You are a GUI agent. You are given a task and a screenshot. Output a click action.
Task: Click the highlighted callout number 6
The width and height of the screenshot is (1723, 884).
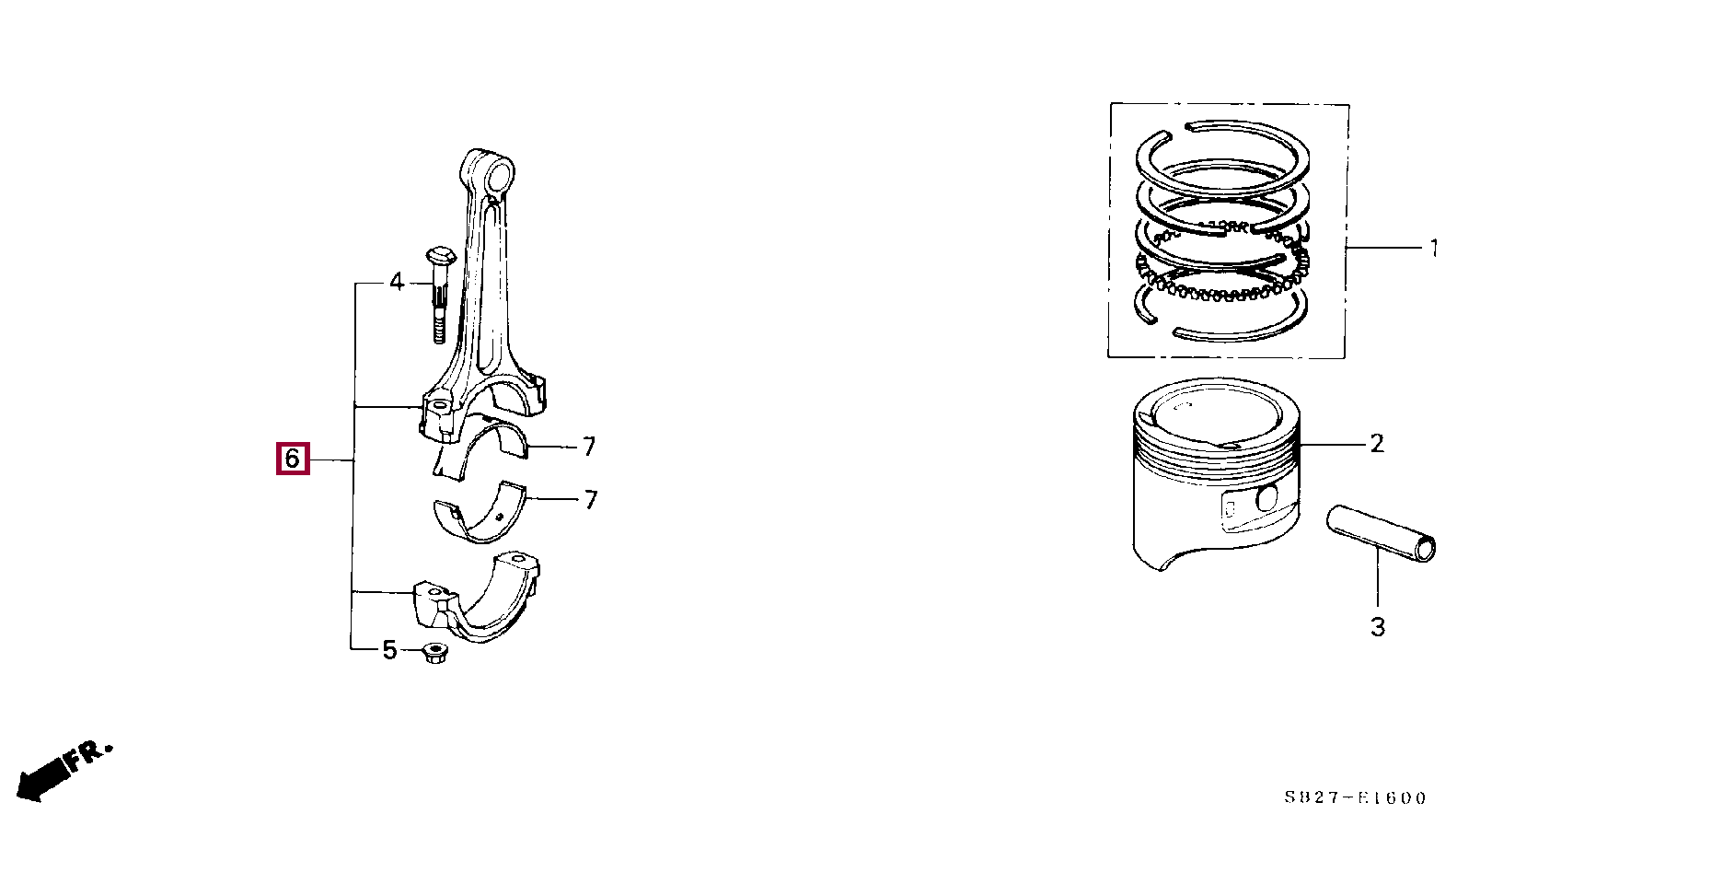click(293, 458)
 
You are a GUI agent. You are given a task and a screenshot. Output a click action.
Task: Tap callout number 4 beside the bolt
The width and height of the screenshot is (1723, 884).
click(397, 281)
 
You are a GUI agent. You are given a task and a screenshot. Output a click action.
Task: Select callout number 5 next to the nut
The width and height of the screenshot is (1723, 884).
click(389, 650)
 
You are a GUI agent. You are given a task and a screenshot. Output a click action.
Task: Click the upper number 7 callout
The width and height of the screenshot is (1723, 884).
click(589, 447)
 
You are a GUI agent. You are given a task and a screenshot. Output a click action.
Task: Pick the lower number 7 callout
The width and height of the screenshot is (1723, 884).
click(591, 500)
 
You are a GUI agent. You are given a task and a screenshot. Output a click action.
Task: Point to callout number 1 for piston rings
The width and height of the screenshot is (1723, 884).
click(1433, 248)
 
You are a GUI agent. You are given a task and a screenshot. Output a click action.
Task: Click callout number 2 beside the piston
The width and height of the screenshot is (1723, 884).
click(1377, 444)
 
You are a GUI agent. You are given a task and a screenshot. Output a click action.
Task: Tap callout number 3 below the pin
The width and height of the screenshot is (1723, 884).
click(1378, 627)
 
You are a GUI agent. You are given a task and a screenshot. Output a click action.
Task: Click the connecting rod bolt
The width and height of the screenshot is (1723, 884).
click(438, 294)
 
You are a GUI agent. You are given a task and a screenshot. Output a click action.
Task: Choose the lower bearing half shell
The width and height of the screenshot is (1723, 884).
click(482, 511)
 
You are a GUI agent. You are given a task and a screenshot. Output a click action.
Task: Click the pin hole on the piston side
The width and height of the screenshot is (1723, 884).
click(1267, 499)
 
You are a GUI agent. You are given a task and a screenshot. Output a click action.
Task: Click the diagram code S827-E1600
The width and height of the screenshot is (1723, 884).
click(1355, 798)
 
